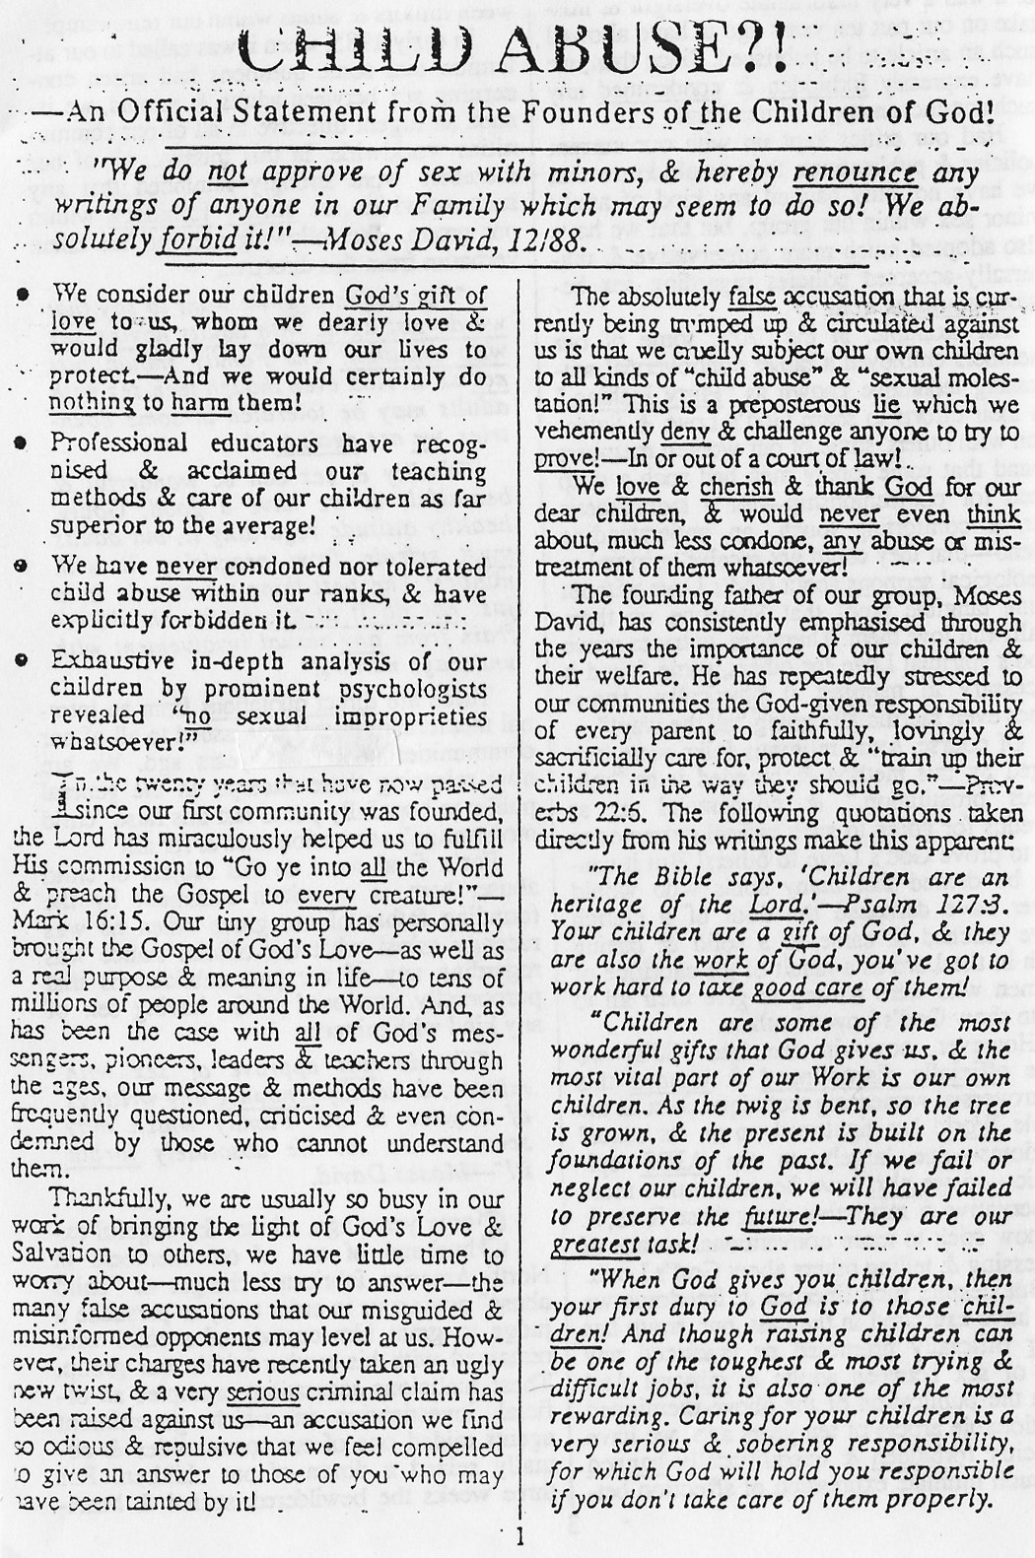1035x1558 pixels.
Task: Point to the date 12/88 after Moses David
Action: coord(550,238)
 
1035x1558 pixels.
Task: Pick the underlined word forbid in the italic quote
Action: coord(199,238)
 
